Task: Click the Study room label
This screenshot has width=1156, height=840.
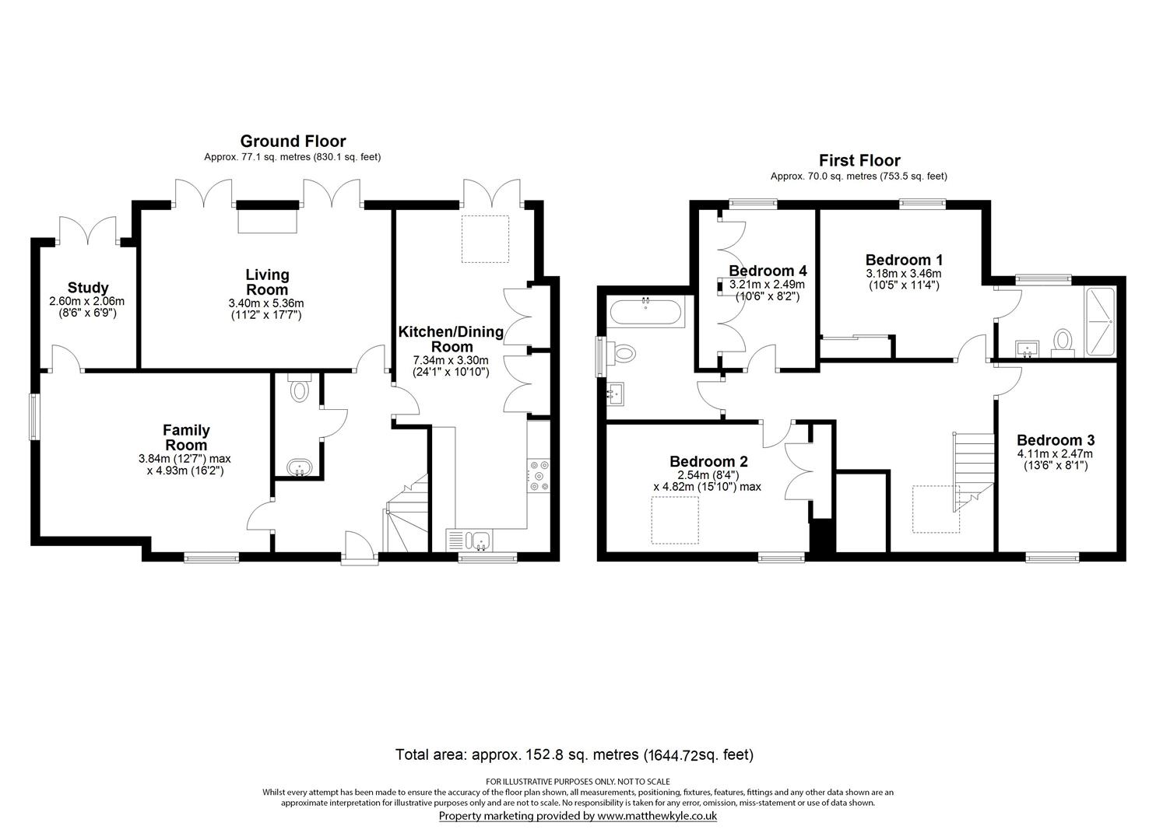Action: (87, 288)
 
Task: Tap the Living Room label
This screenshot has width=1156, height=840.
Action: (267, 282)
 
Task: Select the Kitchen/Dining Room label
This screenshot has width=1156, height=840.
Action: (451, 339)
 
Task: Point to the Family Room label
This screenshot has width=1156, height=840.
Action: (185, 437)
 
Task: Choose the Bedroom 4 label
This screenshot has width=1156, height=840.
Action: (768, 271)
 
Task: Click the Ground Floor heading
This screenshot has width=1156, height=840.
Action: (293, 141)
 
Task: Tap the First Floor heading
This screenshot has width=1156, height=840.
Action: (859, 160)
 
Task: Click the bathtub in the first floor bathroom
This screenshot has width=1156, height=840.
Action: (645, 313)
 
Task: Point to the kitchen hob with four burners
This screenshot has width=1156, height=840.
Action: (539, 477)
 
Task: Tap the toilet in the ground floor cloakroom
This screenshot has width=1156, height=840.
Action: (298, 389)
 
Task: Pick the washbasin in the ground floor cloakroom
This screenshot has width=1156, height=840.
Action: (299, 468)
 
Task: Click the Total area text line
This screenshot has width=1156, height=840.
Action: (574, 754)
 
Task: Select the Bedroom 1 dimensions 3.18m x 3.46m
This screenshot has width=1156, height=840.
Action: (903, 274)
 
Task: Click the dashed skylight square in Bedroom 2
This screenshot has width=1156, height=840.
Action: (674, 520)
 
